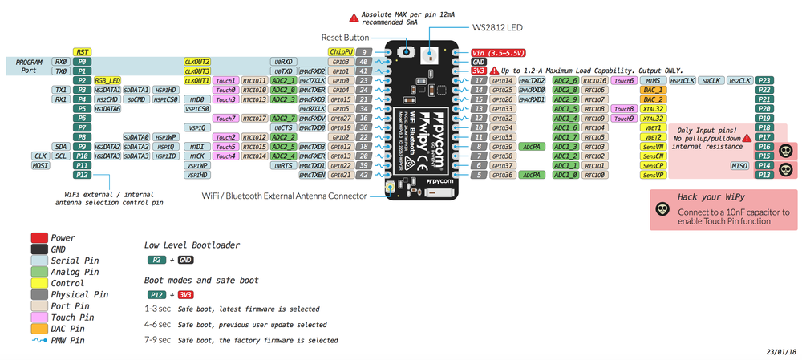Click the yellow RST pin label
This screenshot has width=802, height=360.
point(82,52)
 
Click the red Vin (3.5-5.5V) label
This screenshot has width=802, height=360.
point(499,52)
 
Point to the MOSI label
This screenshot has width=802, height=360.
point(40,165)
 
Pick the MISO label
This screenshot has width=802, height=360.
point(739,165)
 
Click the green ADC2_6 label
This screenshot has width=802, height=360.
point(566,80)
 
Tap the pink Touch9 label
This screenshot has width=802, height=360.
point(622,118)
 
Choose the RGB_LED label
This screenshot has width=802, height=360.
point(107,80)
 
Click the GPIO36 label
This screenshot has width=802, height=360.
point(502,175)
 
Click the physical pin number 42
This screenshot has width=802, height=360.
point(363,175)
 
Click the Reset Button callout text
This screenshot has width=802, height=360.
point(345,37)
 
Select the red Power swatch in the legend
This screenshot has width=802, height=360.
point(38,238)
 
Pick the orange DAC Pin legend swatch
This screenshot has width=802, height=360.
point(38,328)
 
